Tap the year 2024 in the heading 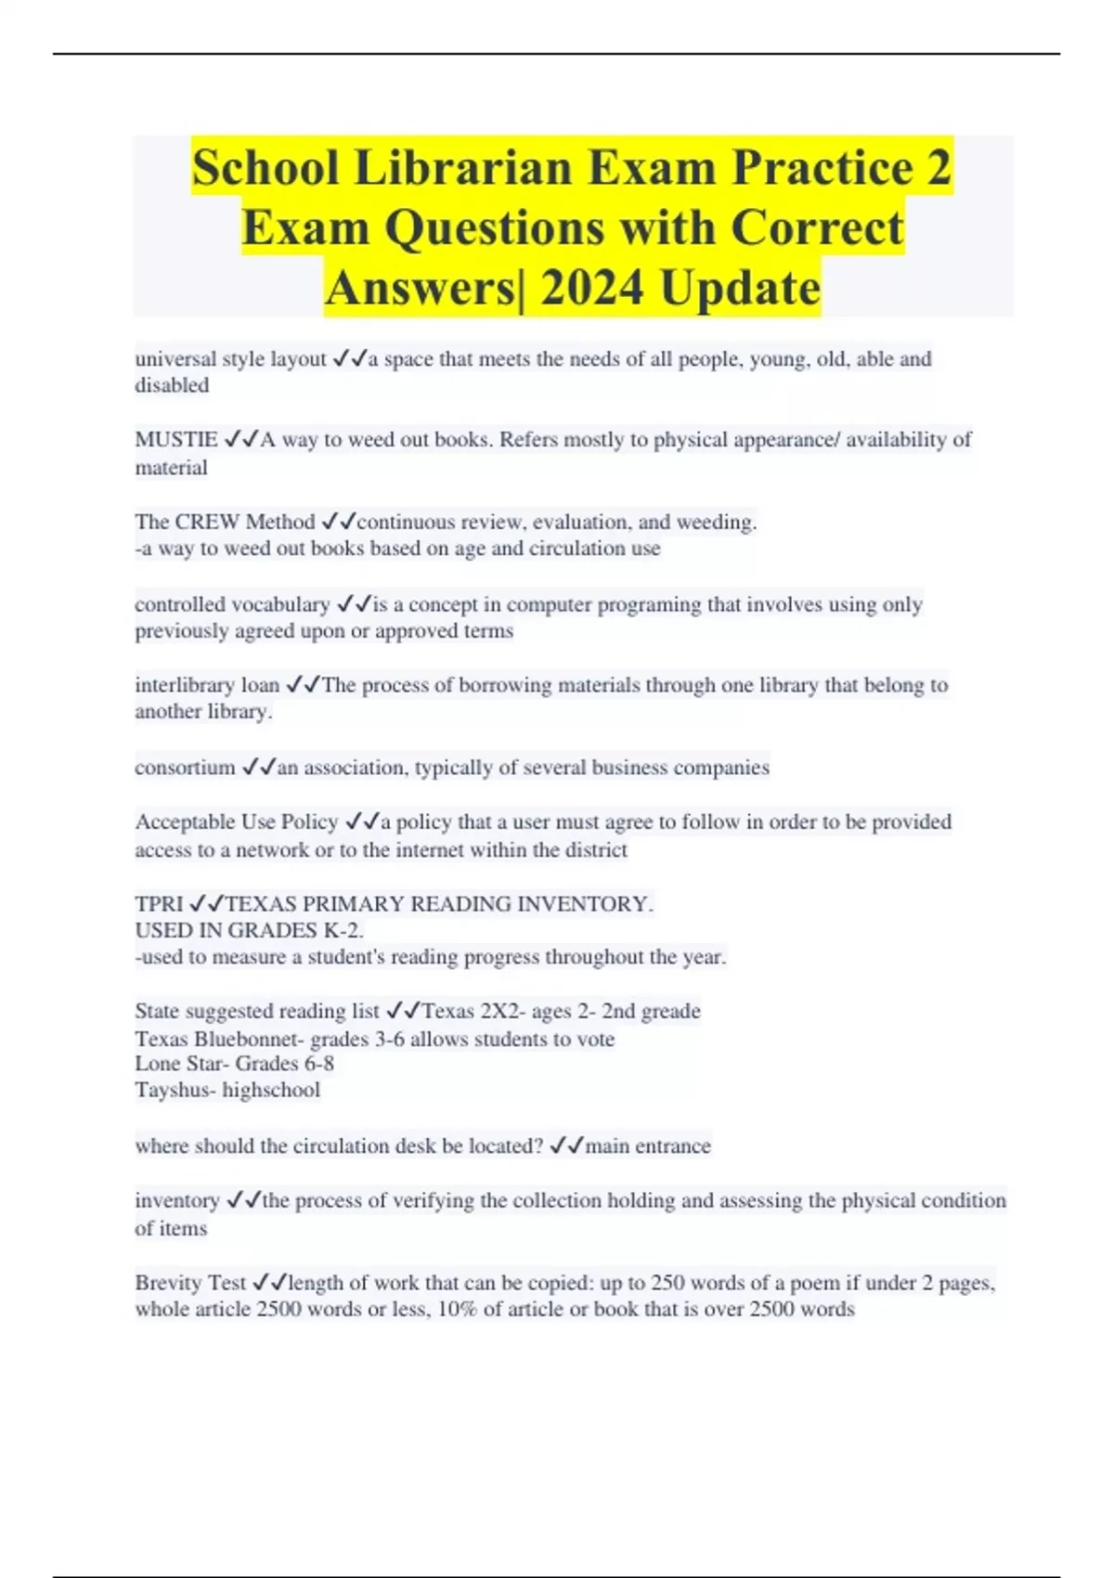tap(592, 288)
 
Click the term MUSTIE tap(176, 440)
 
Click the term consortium tap(185, 768)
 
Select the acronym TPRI tap(159, 904)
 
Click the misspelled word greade tap(670, 1011)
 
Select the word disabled tap(172, 385)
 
